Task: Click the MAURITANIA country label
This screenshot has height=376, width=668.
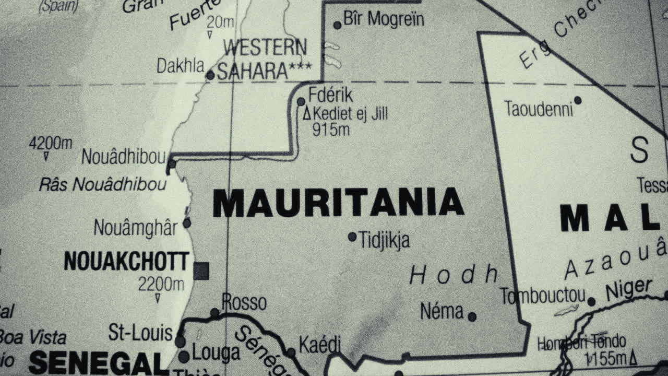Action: point(338,203)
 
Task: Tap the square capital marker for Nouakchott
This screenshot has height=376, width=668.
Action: point(201,271)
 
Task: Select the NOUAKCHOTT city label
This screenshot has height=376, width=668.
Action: point(126,261)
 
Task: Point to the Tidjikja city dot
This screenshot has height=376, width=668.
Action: point(352,237)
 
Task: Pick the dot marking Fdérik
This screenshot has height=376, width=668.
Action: point(301,101)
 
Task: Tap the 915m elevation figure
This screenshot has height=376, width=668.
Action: point(331,130)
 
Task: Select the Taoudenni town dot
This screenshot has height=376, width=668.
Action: point(578,100)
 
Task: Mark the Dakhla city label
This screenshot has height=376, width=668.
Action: point(181,66)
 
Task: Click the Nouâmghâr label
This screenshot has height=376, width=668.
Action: point(136,228)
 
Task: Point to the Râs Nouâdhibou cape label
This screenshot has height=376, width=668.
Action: point(103,184)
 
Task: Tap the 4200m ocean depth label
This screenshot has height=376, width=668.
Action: point(51,143)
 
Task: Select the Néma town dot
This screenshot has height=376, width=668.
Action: point(472,316)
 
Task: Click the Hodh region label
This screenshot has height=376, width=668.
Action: point(454,274)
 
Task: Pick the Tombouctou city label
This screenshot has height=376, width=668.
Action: point(543,296)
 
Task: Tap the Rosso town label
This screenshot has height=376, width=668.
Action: point(244,302)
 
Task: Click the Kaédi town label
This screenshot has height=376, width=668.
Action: point(319,344)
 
